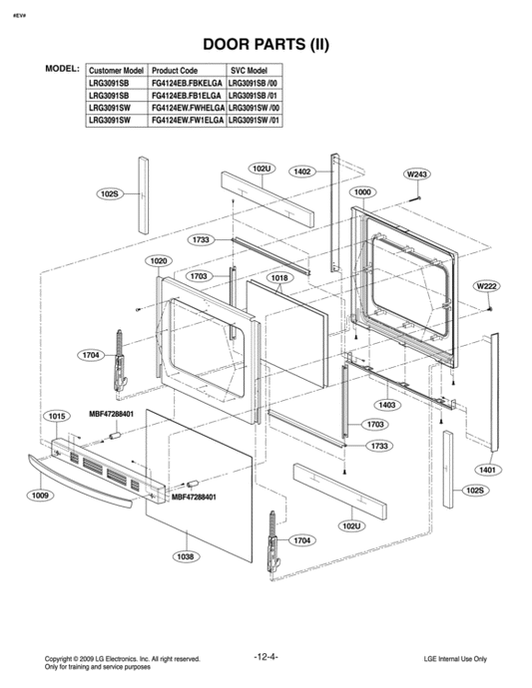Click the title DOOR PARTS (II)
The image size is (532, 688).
[x=266, y=44]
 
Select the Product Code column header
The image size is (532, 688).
[x=175, y=72]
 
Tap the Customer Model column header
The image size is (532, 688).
[x=117, y=72]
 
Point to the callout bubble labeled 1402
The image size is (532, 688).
[x=302, y=172]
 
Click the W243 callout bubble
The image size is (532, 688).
[x=416, y=174]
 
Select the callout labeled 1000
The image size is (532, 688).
[x=362, y=190]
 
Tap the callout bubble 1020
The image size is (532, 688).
[x=158, y=261]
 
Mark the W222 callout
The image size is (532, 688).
[x=487, y=286]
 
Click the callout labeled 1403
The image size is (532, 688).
[x=387, y=405]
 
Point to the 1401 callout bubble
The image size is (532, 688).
[x=487, y=469]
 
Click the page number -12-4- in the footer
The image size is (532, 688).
[x=266, y=657]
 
